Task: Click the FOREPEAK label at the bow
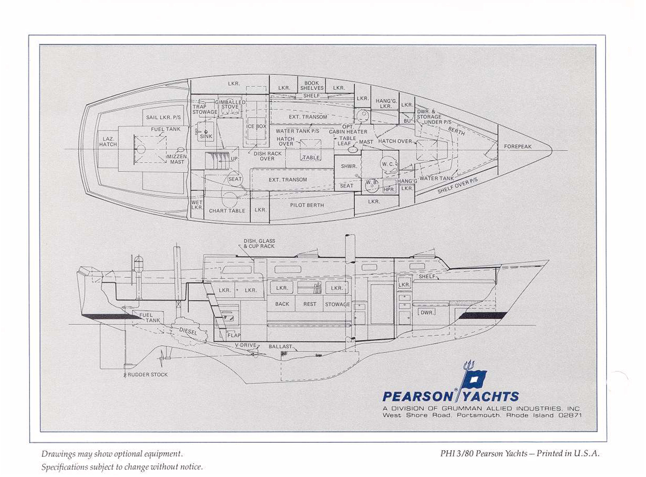coord(518,147)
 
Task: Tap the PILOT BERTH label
coord(307,205)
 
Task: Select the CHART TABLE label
coord(227,211)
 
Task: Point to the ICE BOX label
coord(256,127)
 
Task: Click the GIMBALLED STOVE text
coord(230,105)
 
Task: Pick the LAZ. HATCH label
coord(108,142)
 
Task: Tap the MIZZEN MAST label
coord(177,159)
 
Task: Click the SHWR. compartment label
coord(349,166)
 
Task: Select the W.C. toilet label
coord(388,164)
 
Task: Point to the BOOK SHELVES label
coord(312,86)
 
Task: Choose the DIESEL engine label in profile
coord(188,331)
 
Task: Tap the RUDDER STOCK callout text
coord(147,375)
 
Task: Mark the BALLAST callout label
coord(280,347)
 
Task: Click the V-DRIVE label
coord(245,345)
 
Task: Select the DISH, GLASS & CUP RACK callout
coord(259,243)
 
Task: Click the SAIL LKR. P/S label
coord(163,117)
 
